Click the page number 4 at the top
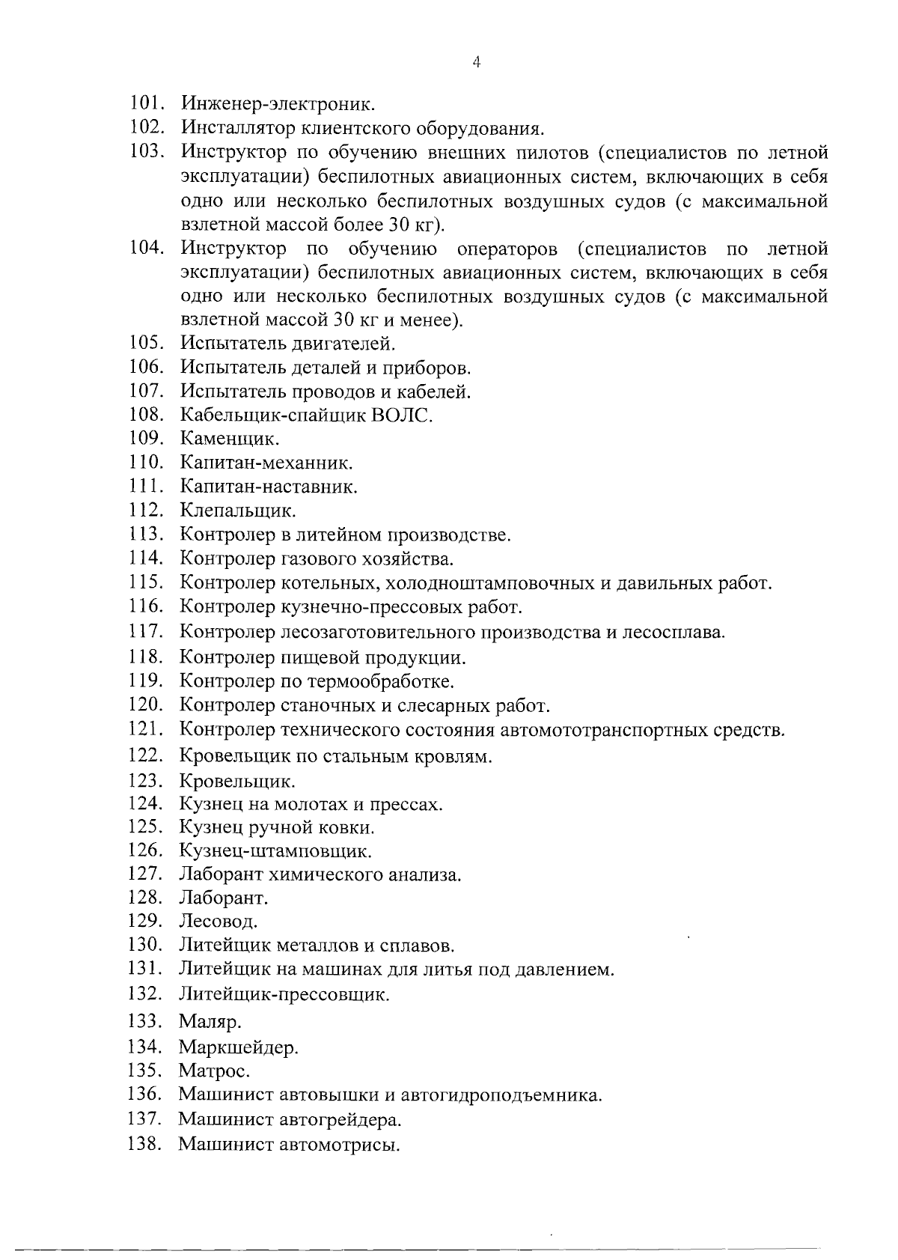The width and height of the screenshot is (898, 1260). point(476,63)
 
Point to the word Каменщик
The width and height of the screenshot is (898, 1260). point(230,439)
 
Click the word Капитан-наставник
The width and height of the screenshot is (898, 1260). point(269,487)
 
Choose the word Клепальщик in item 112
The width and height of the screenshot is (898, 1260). point(238,511)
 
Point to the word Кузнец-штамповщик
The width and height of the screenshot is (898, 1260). point(275,851)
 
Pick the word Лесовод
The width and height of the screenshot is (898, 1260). point(218,921)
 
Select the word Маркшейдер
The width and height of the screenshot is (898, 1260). point(238,1047)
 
